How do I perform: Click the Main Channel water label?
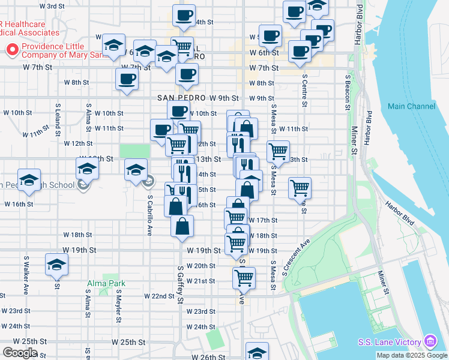[x=411, y=106]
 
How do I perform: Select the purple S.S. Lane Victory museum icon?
[x=430, y=342]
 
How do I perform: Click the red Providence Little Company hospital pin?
[x=11, y=50]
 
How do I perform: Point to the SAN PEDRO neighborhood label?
[x=182, y=98]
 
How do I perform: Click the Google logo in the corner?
[x=20, y=353]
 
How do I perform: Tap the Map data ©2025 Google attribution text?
[x=412, y=355]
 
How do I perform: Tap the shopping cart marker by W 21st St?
[x=244, y=277]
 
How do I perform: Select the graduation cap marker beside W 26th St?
[x=257, y=352]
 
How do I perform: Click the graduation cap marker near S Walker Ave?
[x=56, y=264]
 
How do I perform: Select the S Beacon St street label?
[x=348, y=92]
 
